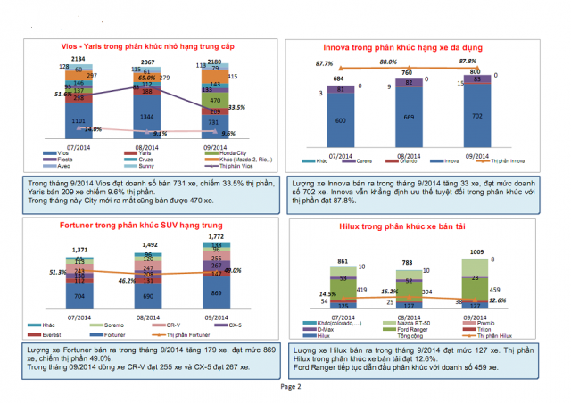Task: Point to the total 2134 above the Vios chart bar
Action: (x=78, y=57)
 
